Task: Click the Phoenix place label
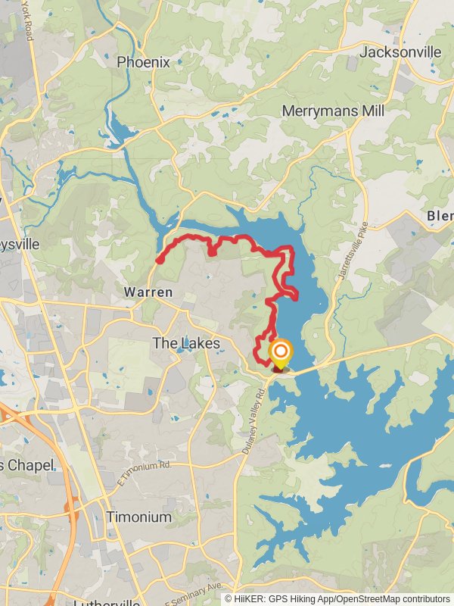(143, 62)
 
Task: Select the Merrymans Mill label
(333, 111)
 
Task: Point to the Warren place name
(148, 292)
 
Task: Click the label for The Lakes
(186, 343)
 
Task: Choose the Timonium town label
(138, 517)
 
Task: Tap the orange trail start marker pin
(280, 352)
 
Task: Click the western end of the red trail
(160, 261)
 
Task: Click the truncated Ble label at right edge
(440, 216)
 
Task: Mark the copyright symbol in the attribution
(229, 598)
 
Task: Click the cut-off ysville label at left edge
(20, 245)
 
